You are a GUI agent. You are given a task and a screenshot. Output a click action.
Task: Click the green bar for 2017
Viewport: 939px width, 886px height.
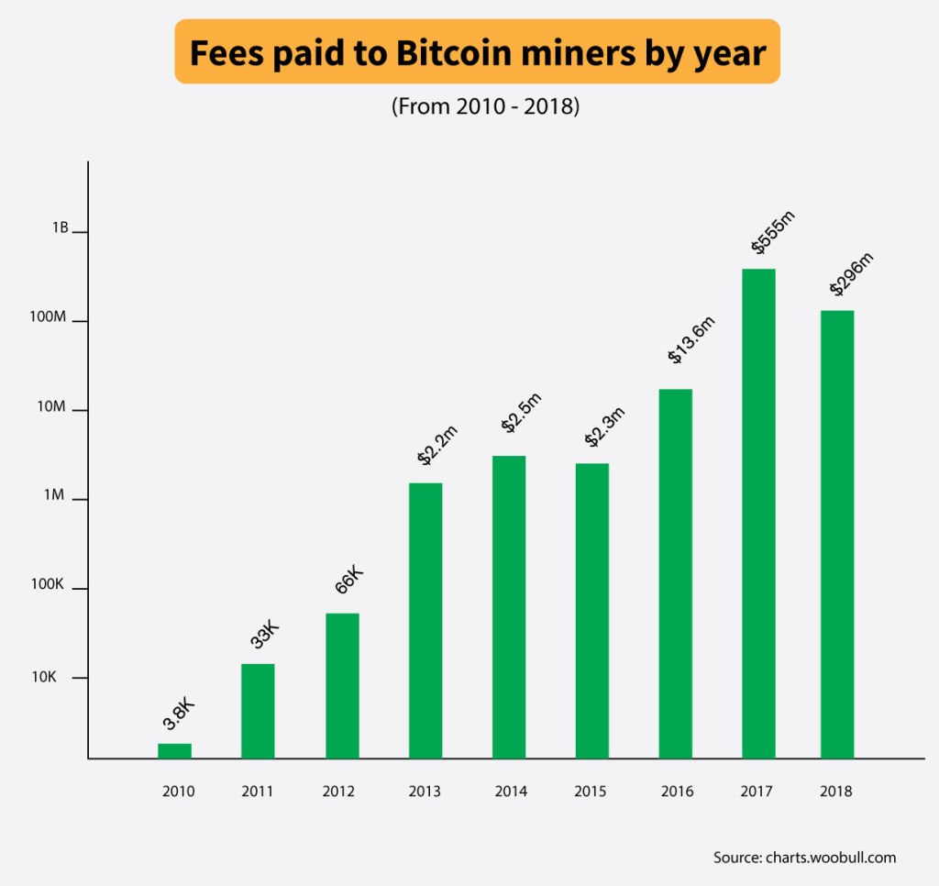758,514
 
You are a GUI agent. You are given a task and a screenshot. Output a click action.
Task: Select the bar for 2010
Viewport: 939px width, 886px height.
174,750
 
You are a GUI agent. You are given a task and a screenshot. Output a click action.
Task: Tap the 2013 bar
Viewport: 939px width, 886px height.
425,620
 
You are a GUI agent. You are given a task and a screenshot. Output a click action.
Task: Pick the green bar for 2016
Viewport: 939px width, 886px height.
676,573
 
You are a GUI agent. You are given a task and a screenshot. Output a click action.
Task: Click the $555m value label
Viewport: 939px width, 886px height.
773,232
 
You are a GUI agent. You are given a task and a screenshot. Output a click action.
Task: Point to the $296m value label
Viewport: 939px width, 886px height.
851,274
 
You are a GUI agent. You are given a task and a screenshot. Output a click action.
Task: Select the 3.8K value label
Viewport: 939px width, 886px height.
178,714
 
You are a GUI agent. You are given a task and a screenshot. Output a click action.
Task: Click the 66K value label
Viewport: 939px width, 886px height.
348,581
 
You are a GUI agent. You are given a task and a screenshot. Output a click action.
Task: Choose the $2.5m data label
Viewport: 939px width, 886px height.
522,412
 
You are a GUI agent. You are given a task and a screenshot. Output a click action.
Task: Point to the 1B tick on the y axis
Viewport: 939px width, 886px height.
60,228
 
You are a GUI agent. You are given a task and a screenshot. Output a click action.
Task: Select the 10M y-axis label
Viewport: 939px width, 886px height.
52,406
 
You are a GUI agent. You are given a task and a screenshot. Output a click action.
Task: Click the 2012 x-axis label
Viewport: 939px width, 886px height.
338,792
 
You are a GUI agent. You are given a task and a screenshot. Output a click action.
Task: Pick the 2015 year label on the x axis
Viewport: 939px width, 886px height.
590,792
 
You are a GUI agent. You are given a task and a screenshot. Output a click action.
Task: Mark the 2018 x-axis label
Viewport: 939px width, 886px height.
836,792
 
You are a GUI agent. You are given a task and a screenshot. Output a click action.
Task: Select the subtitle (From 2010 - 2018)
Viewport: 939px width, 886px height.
485,106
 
